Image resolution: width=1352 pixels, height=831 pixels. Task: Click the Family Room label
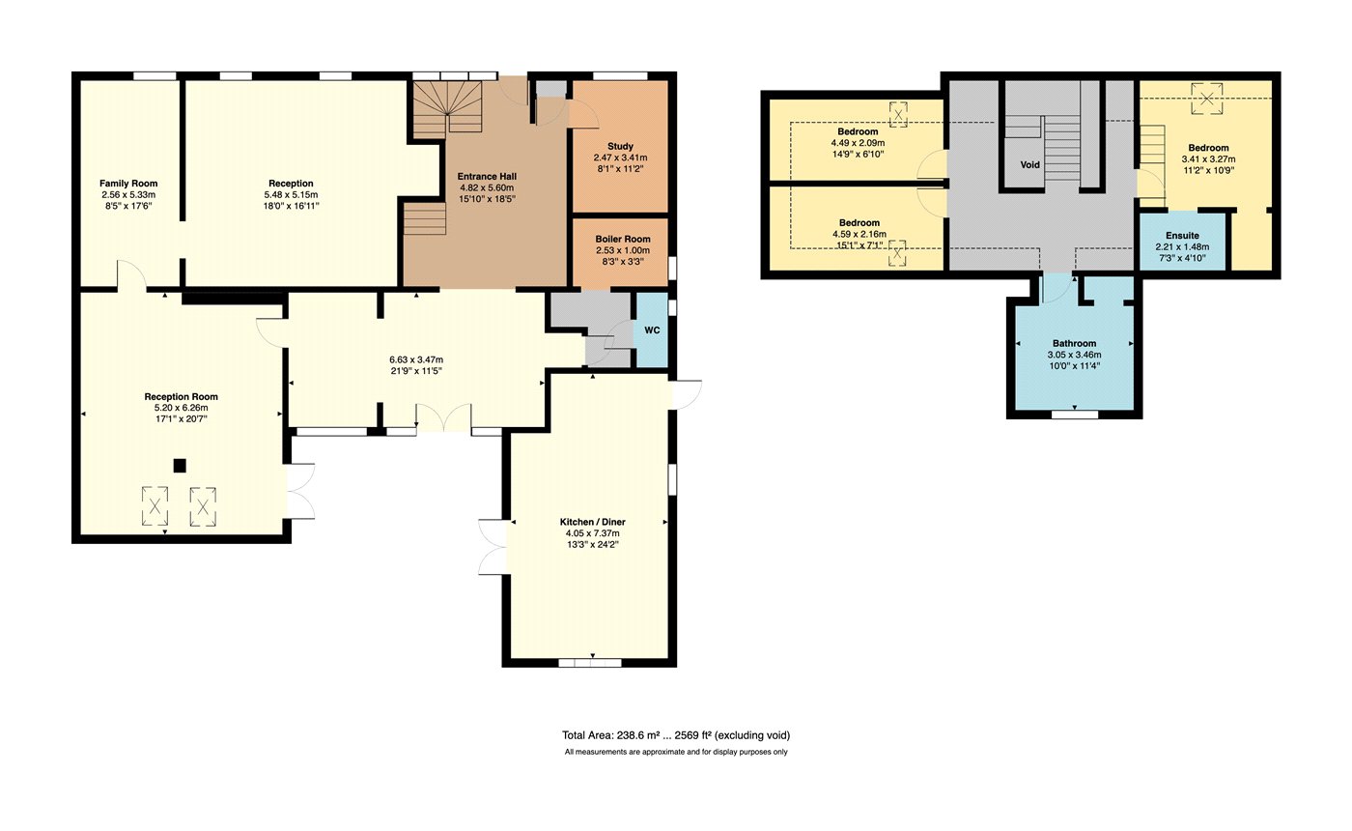click(128, 183)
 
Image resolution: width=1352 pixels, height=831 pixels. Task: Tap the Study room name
click(620, 146)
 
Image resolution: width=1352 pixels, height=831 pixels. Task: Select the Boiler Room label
click(623, 240)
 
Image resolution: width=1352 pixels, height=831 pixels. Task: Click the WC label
click(653, 330)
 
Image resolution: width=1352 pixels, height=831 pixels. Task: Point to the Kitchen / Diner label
click(593, 522)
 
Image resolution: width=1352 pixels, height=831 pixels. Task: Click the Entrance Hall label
click(487, 176)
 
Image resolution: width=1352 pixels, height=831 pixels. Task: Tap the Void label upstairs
click(1030, 164)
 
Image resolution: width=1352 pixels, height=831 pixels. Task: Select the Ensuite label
click(1182, 236)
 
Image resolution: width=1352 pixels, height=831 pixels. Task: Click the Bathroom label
click(1074, 343)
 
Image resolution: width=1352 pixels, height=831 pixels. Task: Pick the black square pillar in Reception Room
click(180, 466)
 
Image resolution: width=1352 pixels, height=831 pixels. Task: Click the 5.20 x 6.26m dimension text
click(182, 408)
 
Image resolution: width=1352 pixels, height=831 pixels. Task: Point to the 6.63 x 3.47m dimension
click(416, 359)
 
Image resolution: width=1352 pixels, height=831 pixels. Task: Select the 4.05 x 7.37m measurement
click(593, 533)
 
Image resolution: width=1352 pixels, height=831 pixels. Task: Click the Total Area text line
click(676, 735)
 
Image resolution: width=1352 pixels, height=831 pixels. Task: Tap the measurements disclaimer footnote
click(676, 752)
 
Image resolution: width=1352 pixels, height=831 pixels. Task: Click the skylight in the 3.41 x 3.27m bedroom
click(1206, 99)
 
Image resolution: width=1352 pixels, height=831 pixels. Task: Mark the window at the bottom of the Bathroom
click(1075, 415)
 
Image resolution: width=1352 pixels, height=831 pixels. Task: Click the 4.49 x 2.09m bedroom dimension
click(858, 143)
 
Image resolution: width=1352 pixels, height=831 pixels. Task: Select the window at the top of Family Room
click(155, 76)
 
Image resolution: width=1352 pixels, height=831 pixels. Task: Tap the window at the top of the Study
click(620, 76)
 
